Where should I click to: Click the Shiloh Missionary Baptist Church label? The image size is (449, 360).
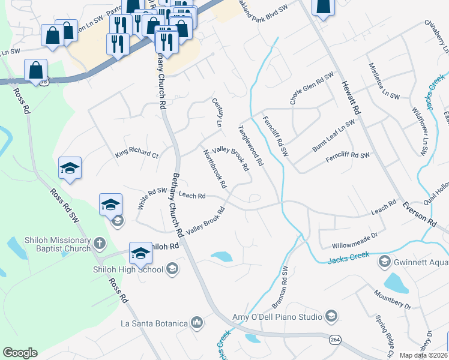click(49, 244)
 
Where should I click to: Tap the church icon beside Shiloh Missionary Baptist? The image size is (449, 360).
click(99, 244)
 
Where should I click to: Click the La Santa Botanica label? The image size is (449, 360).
click(155, 323)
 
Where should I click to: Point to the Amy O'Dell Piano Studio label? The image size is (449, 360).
click(278, 316)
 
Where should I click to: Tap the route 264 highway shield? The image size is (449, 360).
click(334, 340)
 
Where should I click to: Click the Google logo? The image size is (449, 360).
click(20, 353)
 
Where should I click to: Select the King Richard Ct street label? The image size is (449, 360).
click(136, 154)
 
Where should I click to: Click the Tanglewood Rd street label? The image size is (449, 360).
click(250, 146)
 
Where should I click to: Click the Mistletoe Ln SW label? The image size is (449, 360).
click(384, 80)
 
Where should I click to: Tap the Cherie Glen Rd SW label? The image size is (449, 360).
click(312, 88)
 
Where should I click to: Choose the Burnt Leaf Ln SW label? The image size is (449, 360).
click(333, 136)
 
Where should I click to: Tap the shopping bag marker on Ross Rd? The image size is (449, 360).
click(36, 71)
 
